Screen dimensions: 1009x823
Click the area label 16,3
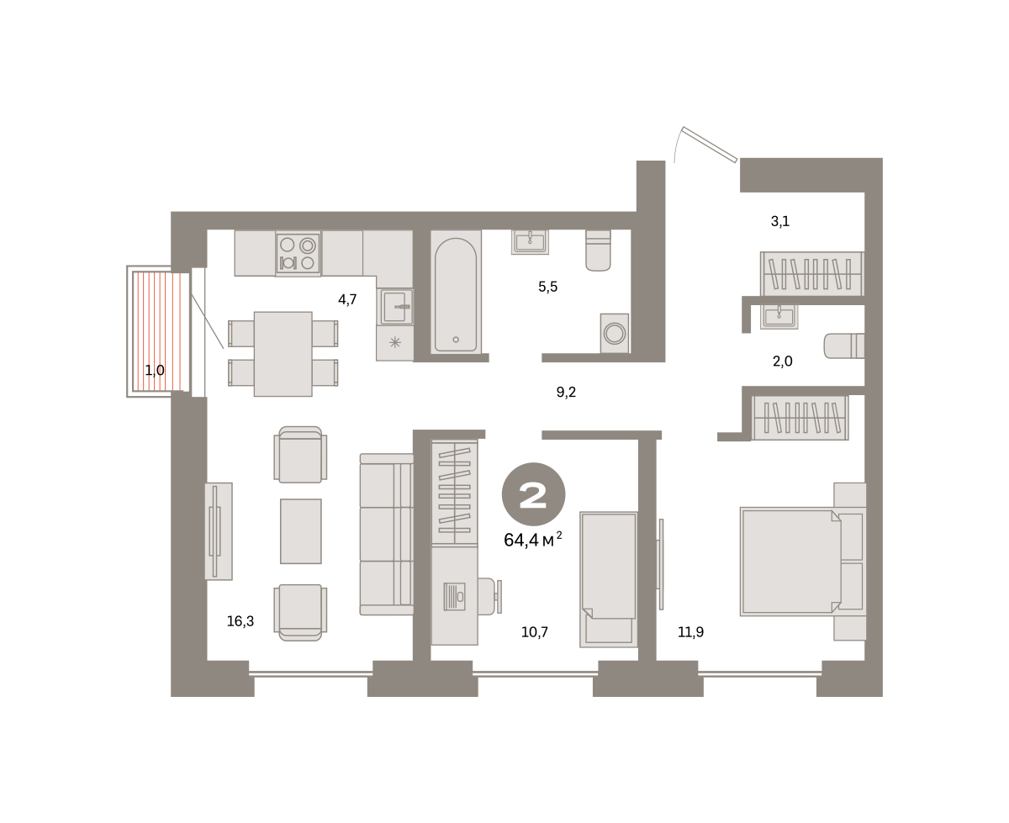point(240,620)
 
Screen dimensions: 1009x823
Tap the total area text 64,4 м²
point(532,540)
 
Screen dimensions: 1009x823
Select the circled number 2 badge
point(533,494)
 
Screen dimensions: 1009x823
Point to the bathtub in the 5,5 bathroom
point(456,292)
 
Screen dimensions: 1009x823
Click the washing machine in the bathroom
point(615,333)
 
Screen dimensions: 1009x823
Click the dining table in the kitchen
point(283,354)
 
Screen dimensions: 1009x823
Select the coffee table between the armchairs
point(300,530)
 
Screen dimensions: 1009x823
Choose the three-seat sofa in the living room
point(387,534)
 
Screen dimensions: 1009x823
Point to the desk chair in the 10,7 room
point(489,596)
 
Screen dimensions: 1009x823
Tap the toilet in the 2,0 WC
point(844,346)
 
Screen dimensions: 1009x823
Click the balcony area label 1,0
point(155,370)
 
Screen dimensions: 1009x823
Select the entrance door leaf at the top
point(710,145)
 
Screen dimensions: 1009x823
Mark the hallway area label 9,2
point(566,392)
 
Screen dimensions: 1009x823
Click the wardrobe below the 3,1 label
point(812,273)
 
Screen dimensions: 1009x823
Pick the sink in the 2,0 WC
point(779,316)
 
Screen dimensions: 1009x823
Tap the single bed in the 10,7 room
point(609,579)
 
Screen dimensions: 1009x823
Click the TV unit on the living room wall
point(219,530)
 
